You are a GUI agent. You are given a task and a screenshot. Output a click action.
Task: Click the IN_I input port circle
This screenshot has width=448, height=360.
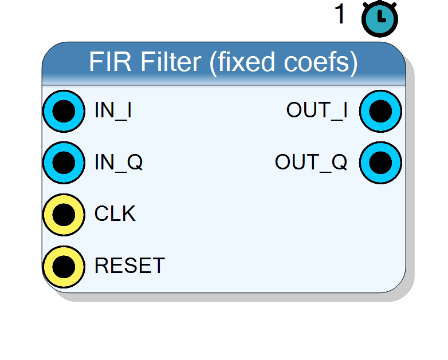coord(64,111)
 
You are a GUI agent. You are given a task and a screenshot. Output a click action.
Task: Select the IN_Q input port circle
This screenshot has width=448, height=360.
coord(64,163)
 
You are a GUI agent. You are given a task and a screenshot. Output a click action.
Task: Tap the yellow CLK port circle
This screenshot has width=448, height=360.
coord(64,215)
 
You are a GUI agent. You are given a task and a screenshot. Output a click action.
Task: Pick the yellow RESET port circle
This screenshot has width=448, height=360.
coord(64,267)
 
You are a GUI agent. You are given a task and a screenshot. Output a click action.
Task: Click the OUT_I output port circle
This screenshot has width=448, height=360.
coord(380,111)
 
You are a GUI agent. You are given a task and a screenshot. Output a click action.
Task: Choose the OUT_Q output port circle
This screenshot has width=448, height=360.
coord(380,163)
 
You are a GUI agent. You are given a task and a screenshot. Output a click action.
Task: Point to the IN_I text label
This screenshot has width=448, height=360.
coord(113,110)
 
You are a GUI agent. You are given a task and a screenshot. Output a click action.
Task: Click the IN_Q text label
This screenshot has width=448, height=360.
coord(119,162)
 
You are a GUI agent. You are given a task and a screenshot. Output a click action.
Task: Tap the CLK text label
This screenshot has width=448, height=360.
coord(115,213)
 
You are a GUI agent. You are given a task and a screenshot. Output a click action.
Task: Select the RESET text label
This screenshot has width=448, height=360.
coord(129,266)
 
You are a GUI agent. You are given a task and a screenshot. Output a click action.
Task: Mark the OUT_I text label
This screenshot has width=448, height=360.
coord(317,110)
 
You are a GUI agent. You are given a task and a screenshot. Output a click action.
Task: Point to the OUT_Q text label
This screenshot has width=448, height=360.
coord(311,162)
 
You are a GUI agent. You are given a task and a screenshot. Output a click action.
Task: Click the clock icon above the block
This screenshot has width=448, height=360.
coord(380,19)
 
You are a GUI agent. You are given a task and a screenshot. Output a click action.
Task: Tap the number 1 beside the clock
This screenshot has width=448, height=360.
coord(340,14)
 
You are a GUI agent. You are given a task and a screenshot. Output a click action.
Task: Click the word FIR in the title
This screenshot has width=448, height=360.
coord(111,62)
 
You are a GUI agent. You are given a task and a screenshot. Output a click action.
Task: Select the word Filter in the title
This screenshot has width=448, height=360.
coord(171,62)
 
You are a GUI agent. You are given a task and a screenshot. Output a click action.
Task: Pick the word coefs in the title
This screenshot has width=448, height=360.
coord(317,62)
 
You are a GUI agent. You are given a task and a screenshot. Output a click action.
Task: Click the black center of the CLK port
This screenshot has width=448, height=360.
coord(64,215)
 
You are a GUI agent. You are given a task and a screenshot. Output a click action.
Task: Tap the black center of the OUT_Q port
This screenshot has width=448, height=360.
coord(380,163)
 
